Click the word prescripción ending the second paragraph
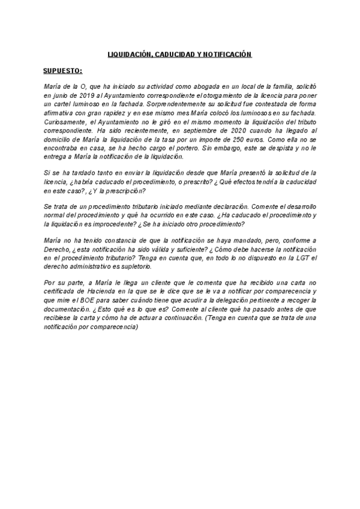click(x=121, y=191)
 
